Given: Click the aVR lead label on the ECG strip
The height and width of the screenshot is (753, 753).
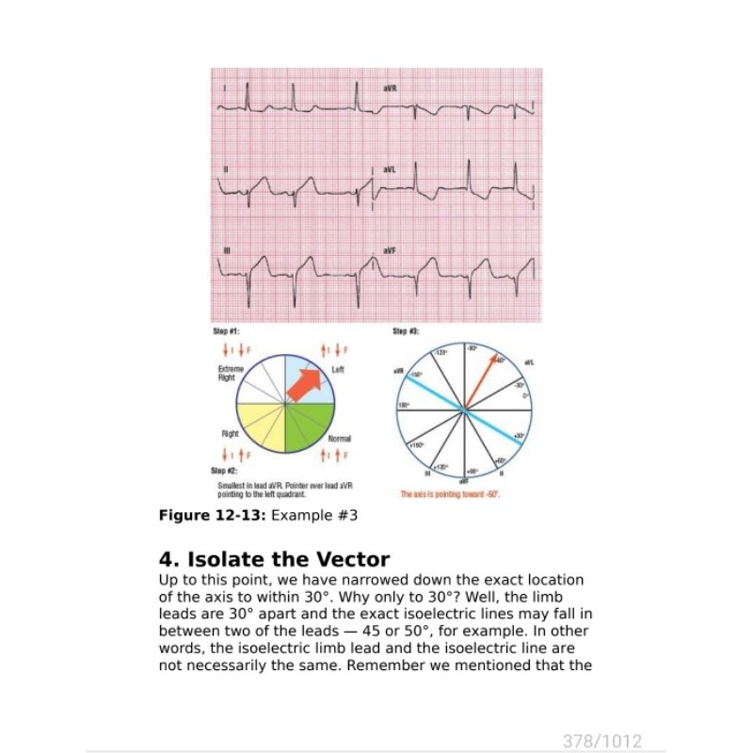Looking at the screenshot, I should [x=391, y=88].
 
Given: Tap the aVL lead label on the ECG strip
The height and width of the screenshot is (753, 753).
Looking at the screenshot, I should [x=391, y=169].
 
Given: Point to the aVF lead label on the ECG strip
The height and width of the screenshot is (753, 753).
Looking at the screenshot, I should [x=391, y=250].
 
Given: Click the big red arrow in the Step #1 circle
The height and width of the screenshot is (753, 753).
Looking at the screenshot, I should [x=303, y=384].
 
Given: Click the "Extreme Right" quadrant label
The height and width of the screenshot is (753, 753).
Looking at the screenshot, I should [x=228, y=373].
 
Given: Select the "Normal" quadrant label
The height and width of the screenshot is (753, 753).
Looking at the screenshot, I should [x=340, y=439].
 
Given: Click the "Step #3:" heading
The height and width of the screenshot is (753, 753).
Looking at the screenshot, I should [x=407, y=332].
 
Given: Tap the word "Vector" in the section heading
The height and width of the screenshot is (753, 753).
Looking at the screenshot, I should [x=343, y=561].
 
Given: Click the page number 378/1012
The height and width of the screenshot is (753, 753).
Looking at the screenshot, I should [x=602, y=741].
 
